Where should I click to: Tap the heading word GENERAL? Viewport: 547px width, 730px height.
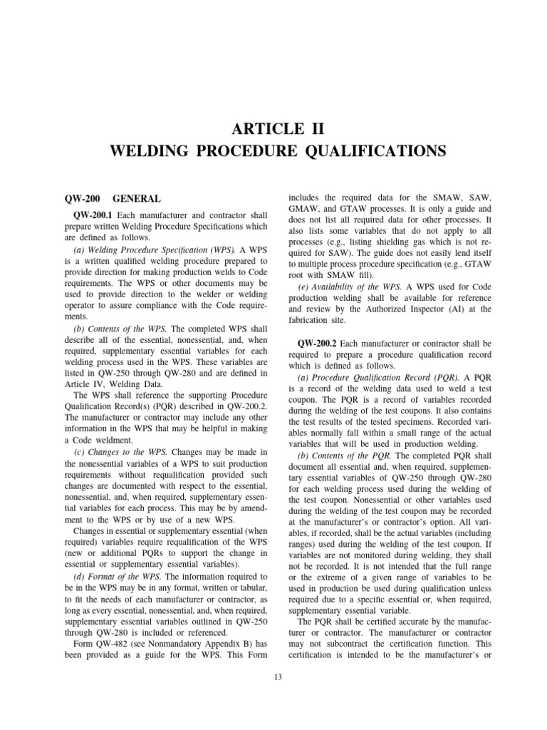click(x=137, y=199)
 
